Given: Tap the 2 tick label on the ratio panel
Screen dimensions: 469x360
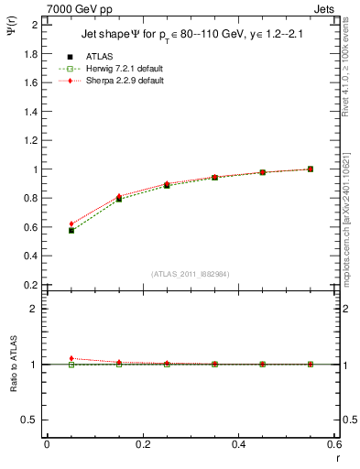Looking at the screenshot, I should coord(34,309).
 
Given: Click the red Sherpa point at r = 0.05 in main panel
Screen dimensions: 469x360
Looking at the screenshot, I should coord(71,224).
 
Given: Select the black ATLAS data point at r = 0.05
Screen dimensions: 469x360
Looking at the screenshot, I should coord(71,231).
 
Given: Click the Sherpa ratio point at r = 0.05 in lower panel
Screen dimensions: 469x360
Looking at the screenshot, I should coord(71,358).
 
